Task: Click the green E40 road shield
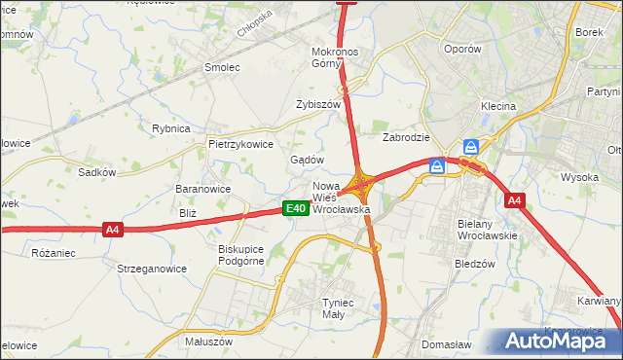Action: (297, 208)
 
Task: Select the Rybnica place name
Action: (170, 127)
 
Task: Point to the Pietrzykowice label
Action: (239, 144)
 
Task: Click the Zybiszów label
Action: (318, 104)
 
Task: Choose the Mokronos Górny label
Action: (336, 57)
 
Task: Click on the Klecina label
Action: (497, 106)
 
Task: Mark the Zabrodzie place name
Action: (406, 137)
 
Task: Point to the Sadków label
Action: (97, 172)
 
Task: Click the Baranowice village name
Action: (202, 189)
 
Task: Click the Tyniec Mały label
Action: (341, 308)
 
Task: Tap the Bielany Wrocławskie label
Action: (488, 230)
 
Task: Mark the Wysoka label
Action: (579, 177)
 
